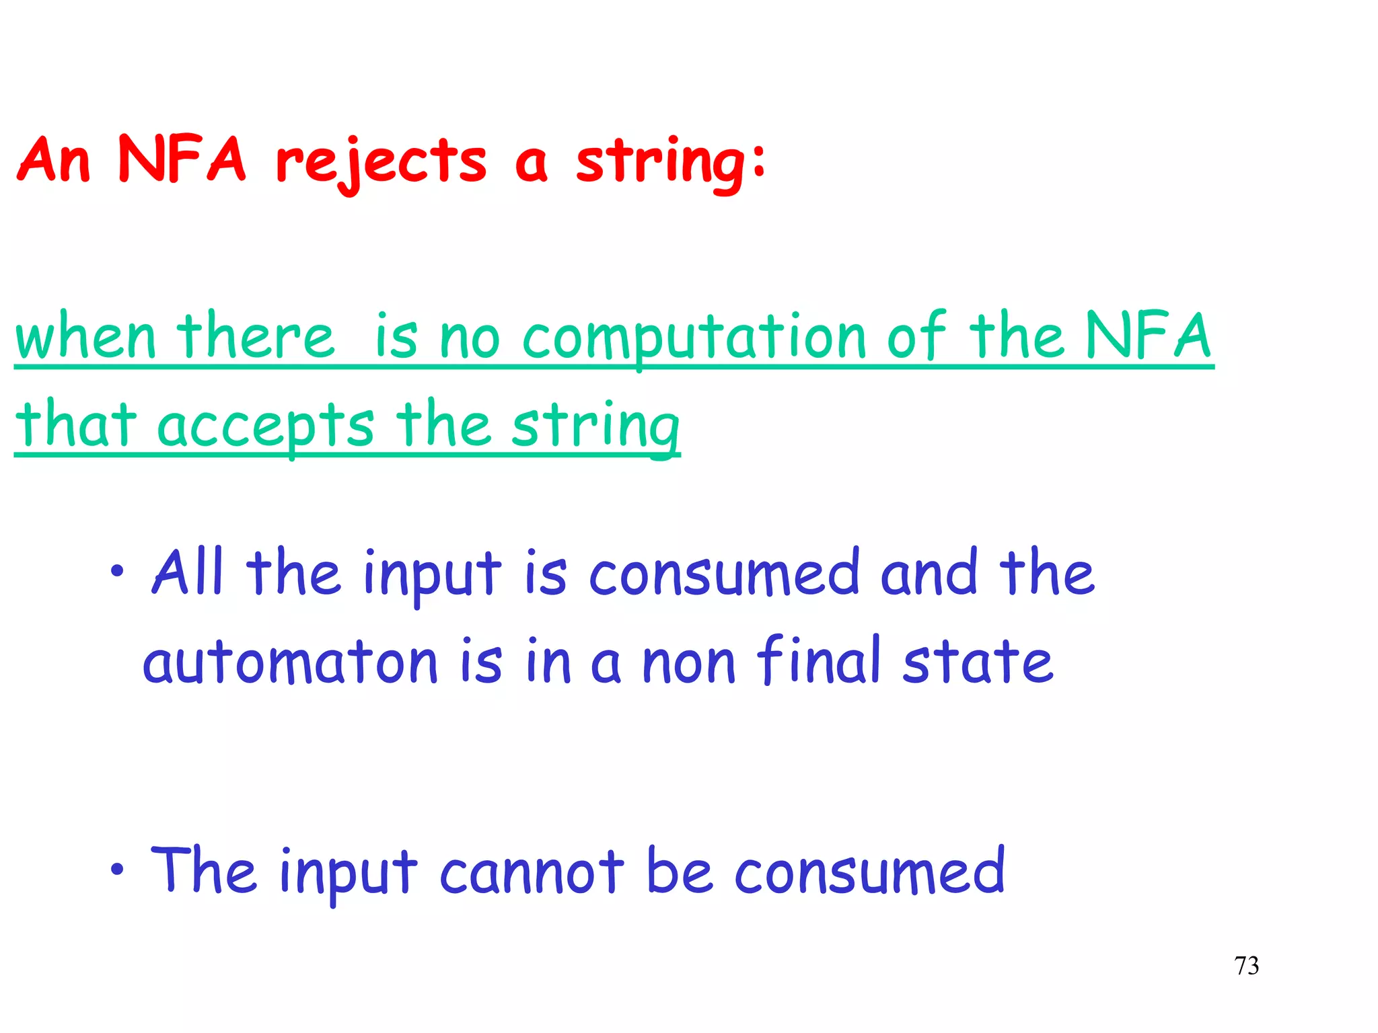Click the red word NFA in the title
click(182, 159)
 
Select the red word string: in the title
click(670, 163)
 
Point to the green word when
click(85, 338)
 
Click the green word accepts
click(265, 426)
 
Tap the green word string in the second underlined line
click(595, 426)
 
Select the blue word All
click(188, 572)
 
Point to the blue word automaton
click(290, 662)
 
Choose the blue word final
click(819, 661)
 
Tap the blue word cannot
click(532, 872)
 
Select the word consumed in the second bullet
click(869, 872)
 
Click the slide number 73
click(1246, 966)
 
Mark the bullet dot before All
click(118, 572)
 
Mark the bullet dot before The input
click(118, 870)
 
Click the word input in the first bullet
click(433, 575)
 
